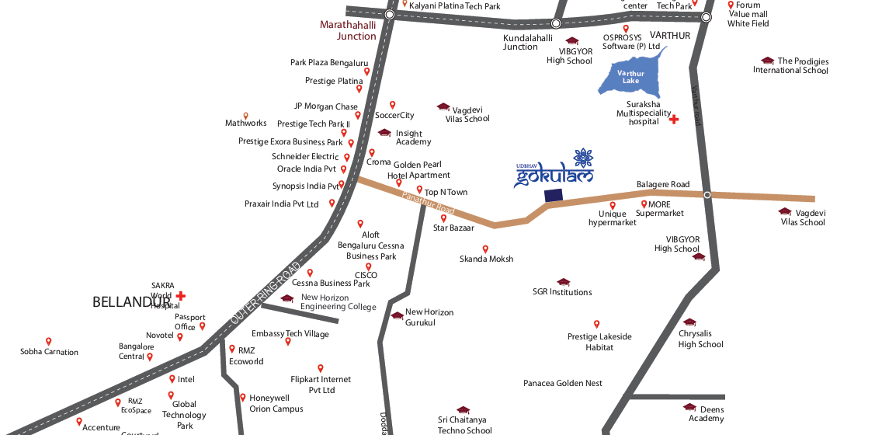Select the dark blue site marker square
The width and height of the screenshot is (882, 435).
click(554, 197)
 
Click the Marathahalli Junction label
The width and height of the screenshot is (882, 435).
click(349, 30)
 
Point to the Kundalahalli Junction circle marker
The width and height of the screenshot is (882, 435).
click(556, 23)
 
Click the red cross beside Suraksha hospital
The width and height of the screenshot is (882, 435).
click(674, 120)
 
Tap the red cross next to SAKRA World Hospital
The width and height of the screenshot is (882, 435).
click(181, 295)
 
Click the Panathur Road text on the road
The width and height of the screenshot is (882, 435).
click(428, 200)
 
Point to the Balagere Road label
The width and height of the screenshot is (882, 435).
click(663, 184)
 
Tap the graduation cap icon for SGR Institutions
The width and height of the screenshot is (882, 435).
click(563, 282)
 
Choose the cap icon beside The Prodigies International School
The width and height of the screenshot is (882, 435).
click(767, 61)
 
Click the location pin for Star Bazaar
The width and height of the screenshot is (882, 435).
click(443, 218)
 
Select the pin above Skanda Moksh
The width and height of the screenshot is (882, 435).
click(486, 249)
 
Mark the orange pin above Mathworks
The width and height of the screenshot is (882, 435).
click(246, 115)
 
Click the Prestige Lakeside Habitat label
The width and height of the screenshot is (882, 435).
click(599, 342)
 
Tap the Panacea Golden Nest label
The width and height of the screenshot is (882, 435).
click(563, 384)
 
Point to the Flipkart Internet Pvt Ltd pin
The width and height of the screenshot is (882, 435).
click(320, 368)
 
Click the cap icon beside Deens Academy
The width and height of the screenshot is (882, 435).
click(689, 406)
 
